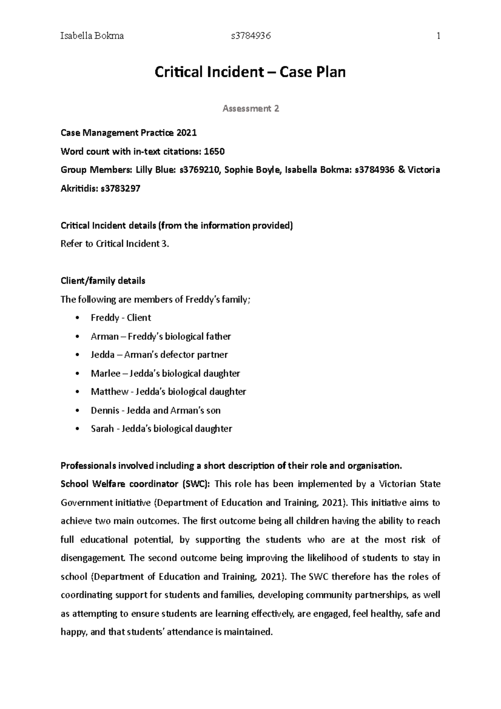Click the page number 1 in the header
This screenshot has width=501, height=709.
(x=438, y=36)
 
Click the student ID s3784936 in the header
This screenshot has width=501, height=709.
(x=251, y=36)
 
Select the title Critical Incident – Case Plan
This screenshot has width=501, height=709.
(x=250, y=72)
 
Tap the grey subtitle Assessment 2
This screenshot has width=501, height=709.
(x=250, y=109)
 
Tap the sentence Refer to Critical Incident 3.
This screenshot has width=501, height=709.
(x=115, y=244)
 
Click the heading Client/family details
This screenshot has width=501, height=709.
(x=103, y=281)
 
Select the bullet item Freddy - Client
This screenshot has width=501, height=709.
(x=121, y=318)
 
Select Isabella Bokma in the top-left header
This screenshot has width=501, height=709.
(x=92, y=36)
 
